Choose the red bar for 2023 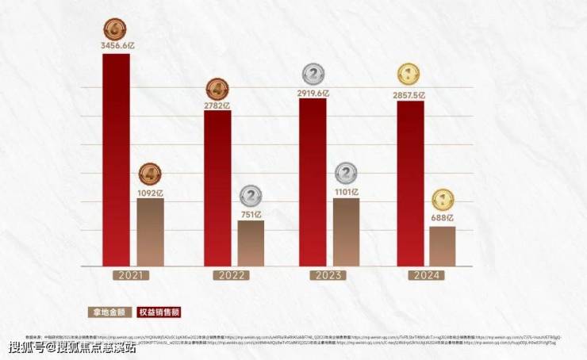click(x=313, y=182)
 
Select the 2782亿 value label click(x=217, y=105)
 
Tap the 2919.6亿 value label click(x=313, y=93)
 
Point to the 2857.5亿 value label click(x=410, y=94)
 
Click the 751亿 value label click(x=251, y=214)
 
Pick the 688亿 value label click(x=443, y=219)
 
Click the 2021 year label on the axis click(x=132, y=275)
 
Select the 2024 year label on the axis click(x=426, y=275)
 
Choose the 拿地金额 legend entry click(x=109, y=312)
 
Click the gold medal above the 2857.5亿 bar click(x=409, y=76)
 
